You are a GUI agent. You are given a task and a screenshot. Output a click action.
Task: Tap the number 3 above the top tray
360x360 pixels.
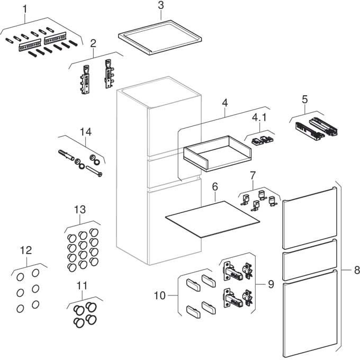[x=161, y=6]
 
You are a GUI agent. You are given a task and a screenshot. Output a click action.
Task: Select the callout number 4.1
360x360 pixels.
[x=259, y=117]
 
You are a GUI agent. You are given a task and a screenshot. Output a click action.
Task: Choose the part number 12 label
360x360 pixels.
[x=26, y=249]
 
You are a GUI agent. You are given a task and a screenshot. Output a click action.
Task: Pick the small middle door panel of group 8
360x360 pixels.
[x=309, y=259]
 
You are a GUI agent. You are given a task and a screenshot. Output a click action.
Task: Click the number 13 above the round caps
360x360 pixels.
[x=79, y=210]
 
